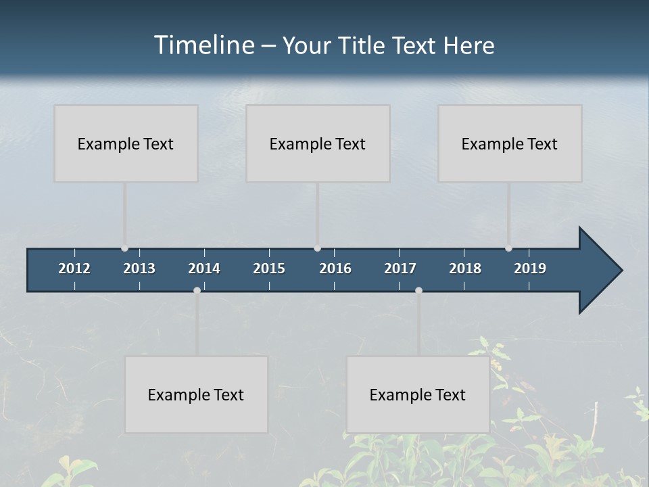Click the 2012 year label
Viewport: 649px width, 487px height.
point(74,269)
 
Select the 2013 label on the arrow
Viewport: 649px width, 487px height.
point(139,269)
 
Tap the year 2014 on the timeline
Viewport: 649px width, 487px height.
point(204,269)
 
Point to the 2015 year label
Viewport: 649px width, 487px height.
point(269,269)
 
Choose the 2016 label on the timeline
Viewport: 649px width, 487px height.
point(335,269)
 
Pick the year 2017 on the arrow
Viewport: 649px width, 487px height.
point(400,269)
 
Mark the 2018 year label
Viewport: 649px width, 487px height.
point(465,269)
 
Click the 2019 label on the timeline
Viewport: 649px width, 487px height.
point(530,269)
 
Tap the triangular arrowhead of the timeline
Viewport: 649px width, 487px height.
point(599,270)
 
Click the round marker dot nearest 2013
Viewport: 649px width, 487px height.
point(124,248)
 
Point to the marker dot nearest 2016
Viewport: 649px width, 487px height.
point(317,248)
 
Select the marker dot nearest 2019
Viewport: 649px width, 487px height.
point(508,248)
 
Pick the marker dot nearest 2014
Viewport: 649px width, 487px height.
point(197,290)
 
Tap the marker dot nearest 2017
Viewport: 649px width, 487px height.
point(418,290)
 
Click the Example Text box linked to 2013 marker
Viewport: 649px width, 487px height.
point(126,143)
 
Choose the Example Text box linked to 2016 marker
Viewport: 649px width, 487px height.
point(318,143)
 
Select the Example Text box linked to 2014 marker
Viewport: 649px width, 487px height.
point(196,394)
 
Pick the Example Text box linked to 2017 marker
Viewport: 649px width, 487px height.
point(418,394)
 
